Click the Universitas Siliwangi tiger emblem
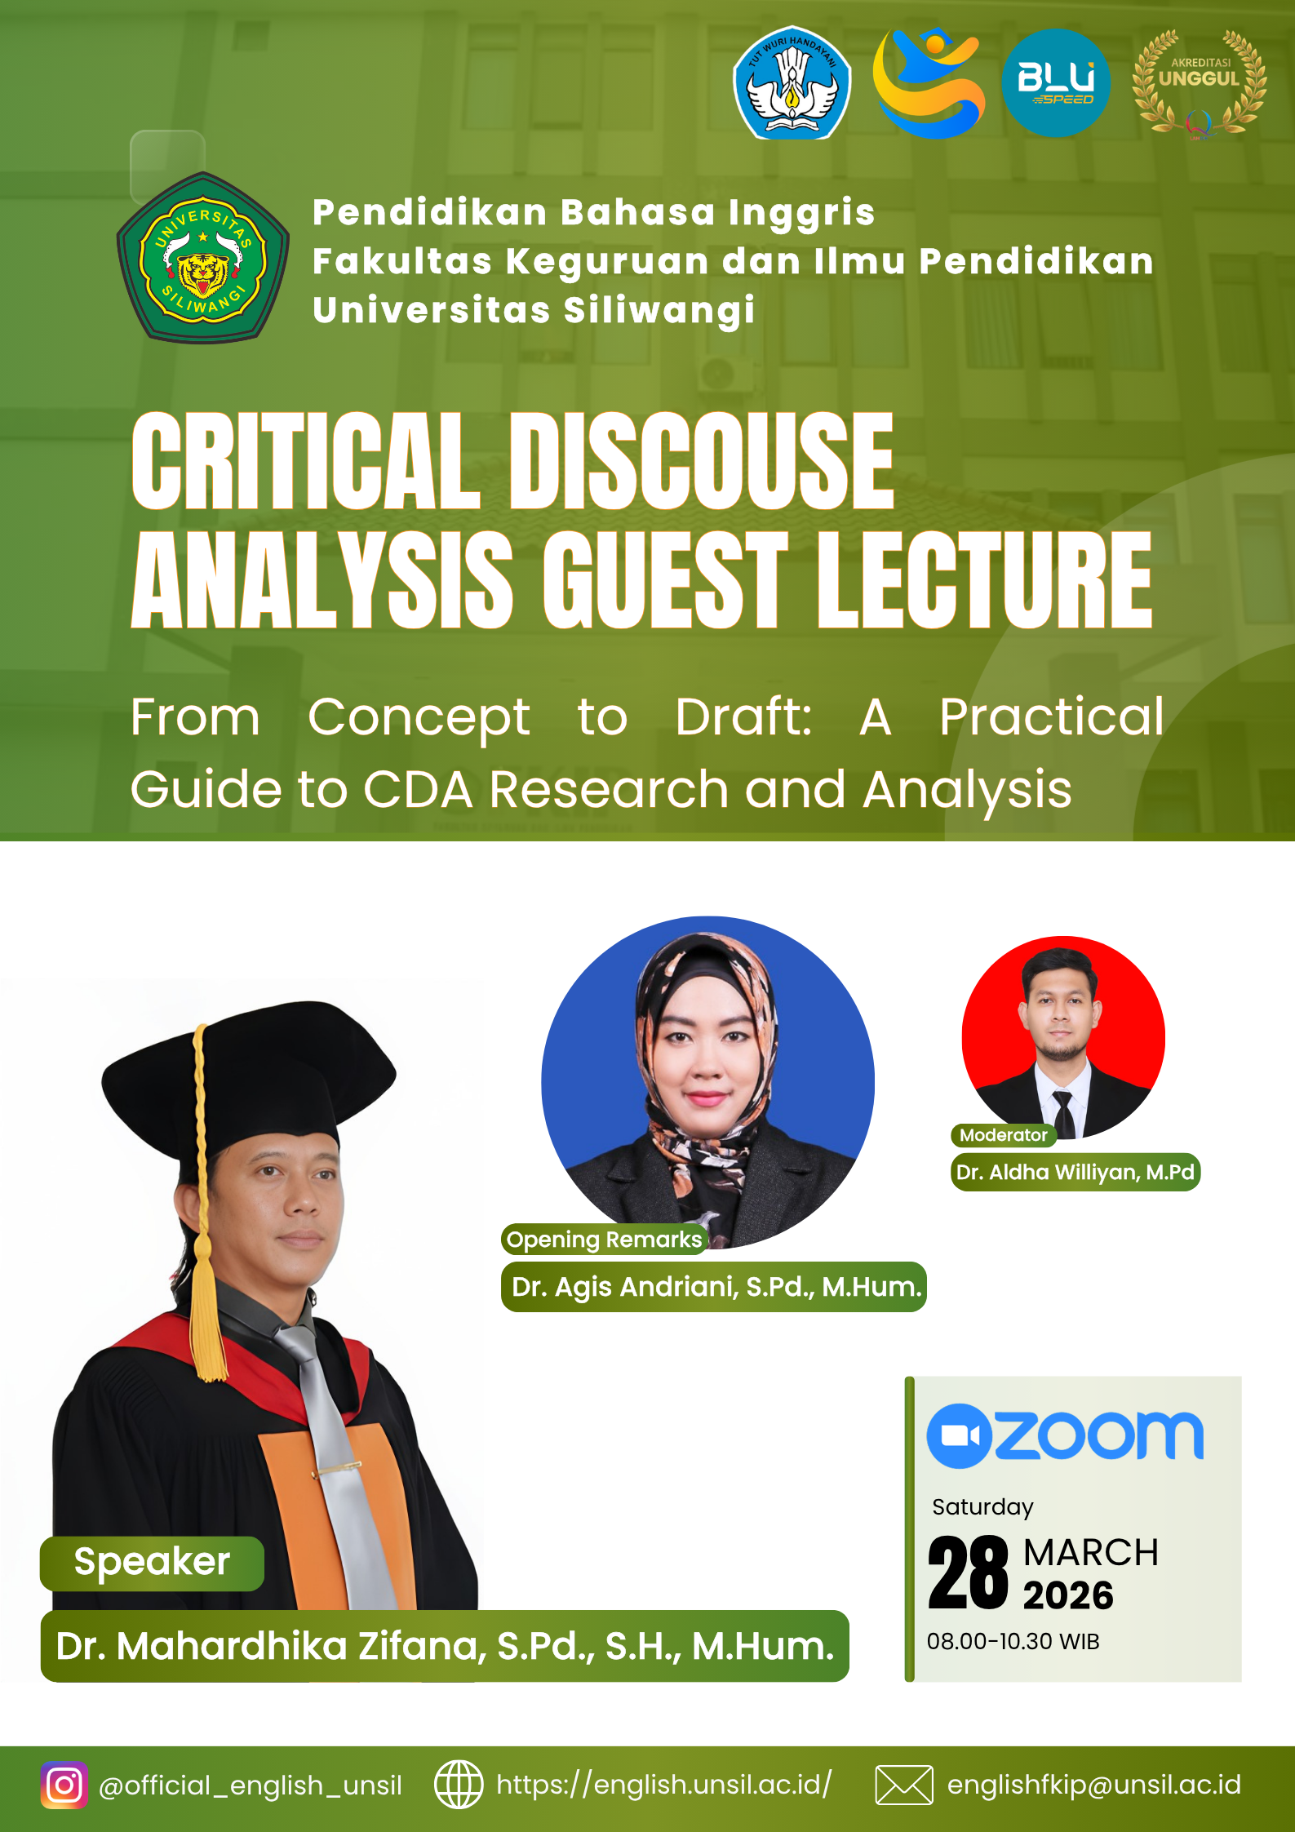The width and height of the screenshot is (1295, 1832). pyautogui.click(x=203, y=257)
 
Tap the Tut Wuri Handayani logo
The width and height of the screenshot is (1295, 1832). pyautogui.click(x=792, y=82)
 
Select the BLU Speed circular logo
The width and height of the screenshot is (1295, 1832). pyautogui.click(x=1056, y=82)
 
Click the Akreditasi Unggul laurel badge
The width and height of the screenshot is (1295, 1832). pyautogui.click(x=1199, y=82)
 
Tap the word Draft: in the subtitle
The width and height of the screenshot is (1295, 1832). pyautogui.click(x=743, y=717)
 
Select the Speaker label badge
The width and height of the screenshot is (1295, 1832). pyautogui.click(x=152, y=1564)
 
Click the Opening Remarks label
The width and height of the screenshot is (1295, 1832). pyautogui.click(x=604, y=1240)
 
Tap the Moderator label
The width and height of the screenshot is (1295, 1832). pyautogui.click(x=1004, y=1135)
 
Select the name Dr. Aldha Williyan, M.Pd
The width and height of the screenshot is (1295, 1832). pyautogui.click(x=1075, y=1173)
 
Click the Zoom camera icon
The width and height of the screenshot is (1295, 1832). pyautogui.click(x=959, y=1436)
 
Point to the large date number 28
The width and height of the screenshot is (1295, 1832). pyautogui.click(x=969, y=1571)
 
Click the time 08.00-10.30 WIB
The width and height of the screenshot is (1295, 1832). pyautogui.click(x=1013, y=1641)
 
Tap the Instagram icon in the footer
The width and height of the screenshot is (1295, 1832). pyautogui.click(x=64, y=1785)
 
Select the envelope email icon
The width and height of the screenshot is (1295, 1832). pyautogui.click(x=904, y=1785)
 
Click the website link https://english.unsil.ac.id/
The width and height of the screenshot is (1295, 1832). pyautogui.click(x=664, y=1785)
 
